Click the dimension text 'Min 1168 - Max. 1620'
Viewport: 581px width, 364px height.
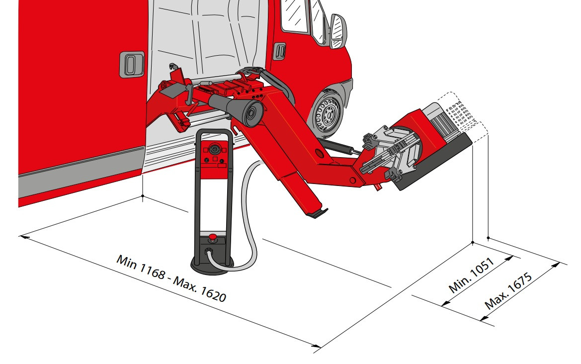click(x=171, y=278)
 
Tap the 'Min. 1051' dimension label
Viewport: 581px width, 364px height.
click(x=471, y=275)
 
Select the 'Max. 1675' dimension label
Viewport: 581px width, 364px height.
click(x=508, y=291)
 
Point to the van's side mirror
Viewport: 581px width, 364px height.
click(x=338, y=31)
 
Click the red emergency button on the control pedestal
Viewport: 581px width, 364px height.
click(x=212, y=237)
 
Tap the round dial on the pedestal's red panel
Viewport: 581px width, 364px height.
click(x=214, y=149)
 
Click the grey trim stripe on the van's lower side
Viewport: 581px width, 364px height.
click(x=81, y=171)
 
